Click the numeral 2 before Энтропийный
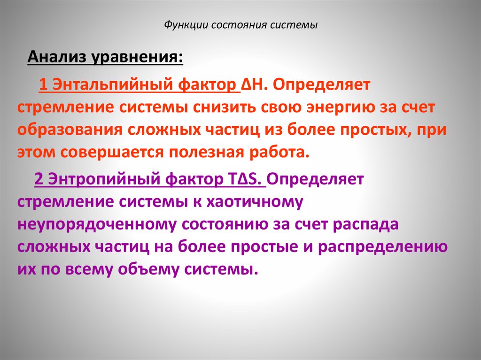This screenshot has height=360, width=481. click(x=39, y=179)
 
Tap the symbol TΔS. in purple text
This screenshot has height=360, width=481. click(x=246, y=179)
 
